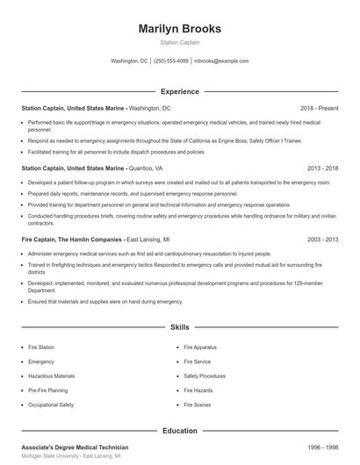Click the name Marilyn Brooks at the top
point(179,29)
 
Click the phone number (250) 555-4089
point(171,61)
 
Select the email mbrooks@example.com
point(221,61)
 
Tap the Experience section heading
point(179,91)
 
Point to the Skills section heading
point(179,326)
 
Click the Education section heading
point(179,431)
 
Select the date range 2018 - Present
point(319,108)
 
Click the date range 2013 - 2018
point(322,167)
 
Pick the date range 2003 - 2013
point(322,239)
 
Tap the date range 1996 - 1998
point(322,447)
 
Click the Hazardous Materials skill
point(50,376)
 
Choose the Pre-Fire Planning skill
point(48,390)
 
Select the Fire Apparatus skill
point(200,347)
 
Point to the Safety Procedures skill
point(205,376)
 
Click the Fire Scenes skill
point(198,405)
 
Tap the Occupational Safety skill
point(51,405)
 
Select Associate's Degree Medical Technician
point(74,447)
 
